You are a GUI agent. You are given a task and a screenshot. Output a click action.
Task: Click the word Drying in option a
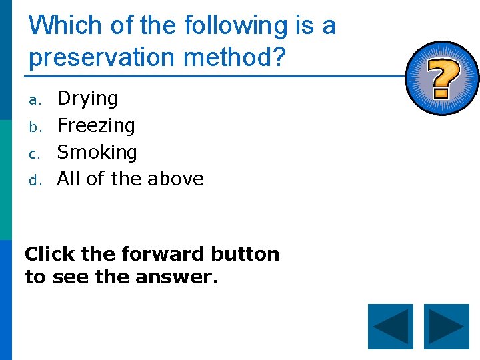[x=87, y=99]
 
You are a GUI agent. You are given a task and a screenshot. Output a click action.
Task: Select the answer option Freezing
[x=96, y=125]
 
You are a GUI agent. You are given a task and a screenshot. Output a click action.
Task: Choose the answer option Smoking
[x=97, y=152]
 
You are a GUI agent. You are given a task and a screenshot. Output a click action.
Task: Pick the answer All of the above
[x=130, y=179]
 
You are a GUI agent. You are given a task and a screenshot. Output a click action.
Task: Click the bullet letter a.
[x=35, y=100]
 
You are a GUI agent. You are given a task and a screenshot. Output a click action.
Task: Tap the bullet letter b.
[x=35, y=127]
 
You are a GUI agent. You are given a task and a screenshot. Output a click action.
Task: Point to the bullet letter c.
[x=35, y=153]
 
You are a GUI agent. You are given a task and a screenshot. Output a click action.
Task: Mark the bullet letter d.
[x=35, y=180]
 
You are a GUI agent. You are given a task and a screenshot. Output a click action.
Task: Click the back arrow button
[x=391, y=327]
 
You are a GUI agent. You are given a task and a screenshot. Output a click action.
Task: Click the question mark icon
[x=441, y=79]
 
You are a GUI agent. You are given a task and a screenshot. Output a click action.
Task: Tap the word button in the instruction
[x=245, y=254]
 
